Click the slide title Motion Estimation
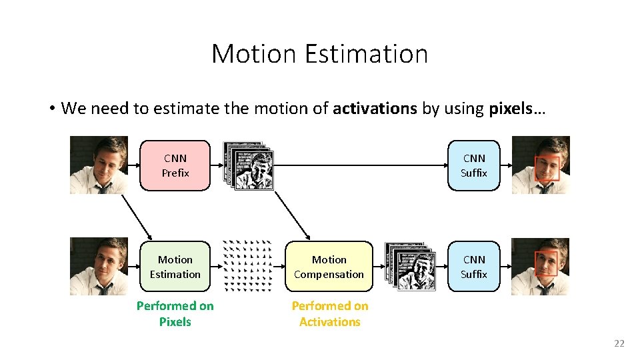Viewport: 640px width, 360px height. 319,54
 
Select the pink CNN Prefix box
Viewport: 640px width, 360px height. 175,165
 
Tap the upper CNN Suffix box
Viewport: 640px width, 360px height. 474,165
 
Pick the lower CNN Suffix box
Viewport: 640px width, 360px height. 474,267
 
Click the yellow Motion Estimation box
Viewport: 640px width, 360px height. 175,267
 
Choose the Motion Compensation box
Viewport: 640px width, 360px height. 329,267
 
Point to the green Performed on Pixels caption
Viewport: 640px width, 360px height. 175,313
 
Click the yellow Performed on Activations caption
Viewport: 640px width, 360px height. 329,313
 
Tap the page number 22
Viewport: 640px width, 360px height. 619,343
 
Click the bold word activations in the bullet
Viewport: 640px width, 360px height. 375,109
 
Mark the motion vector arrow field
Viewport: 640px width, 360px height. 247,265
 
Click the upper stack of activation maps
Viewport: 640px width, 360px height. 249,165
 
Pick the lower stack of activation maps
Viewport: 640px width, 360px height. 410,266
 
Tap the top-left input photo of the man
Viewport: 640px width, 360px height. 99,165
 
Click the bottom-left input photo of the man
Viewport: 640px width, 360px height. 99,266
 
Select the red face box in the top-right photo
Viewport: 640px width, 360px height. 547,169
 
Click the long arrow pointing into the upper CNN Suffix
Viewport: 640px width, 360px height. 360,165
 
